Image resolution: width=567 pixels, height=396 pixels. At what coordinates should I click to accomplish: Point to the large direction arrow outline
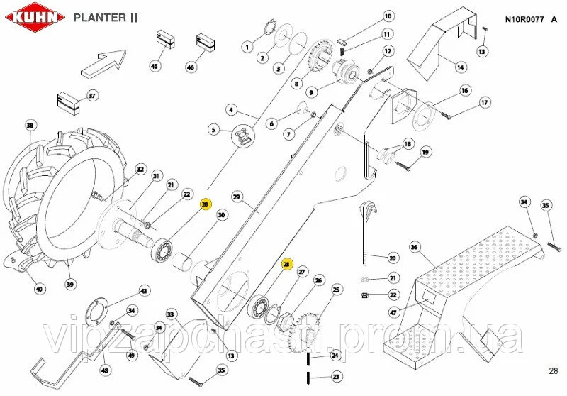point(103,62)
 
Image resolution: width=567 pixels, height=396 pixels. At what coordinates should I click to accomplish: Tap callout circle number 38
point(30,126)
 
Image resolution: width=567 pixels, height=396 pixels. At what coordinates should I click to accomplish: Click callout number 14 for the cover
point(460,67)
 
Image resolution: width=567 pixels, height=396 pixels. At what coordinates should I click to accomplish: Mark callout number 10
point(388,16)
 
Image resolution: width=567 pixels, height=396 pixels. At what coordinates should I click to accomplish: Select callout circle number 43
point(144,291)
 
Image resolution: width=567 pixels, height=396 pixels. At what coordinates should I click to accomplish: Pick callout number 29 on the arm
point(237,196)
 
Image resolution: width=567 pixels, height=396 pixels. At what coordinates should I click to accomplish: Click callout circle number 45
point(155,65)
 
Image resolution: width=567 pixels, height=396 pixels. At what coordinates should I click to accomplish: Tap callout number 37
point(91,96)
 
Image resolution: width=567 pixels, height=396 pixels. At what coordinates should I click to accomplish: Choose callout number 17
point(485,103)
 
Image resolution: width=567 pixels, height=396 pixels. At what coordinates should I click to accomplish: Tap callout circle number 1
point(247,47)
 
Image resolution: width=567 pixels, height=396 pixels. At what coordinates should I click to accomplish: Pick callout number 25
point(336,289)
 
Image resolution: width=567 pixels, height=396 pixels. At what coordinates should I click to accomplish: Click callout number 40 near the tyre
point(40,289)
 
